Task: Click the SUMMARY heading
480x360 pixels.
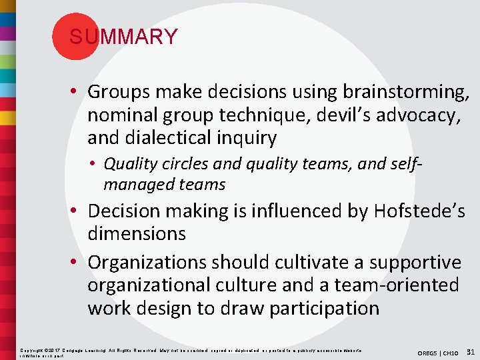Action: pos(123,37)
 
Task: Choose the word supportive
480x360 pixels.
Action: pos(414,261)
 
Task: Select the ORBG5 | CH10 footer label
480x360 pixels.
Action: pos(439,352)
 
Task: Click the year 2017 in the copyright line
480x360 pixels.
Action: pos(53,349)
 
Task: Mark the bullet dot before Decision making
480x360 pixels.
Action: pos(79,211)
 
